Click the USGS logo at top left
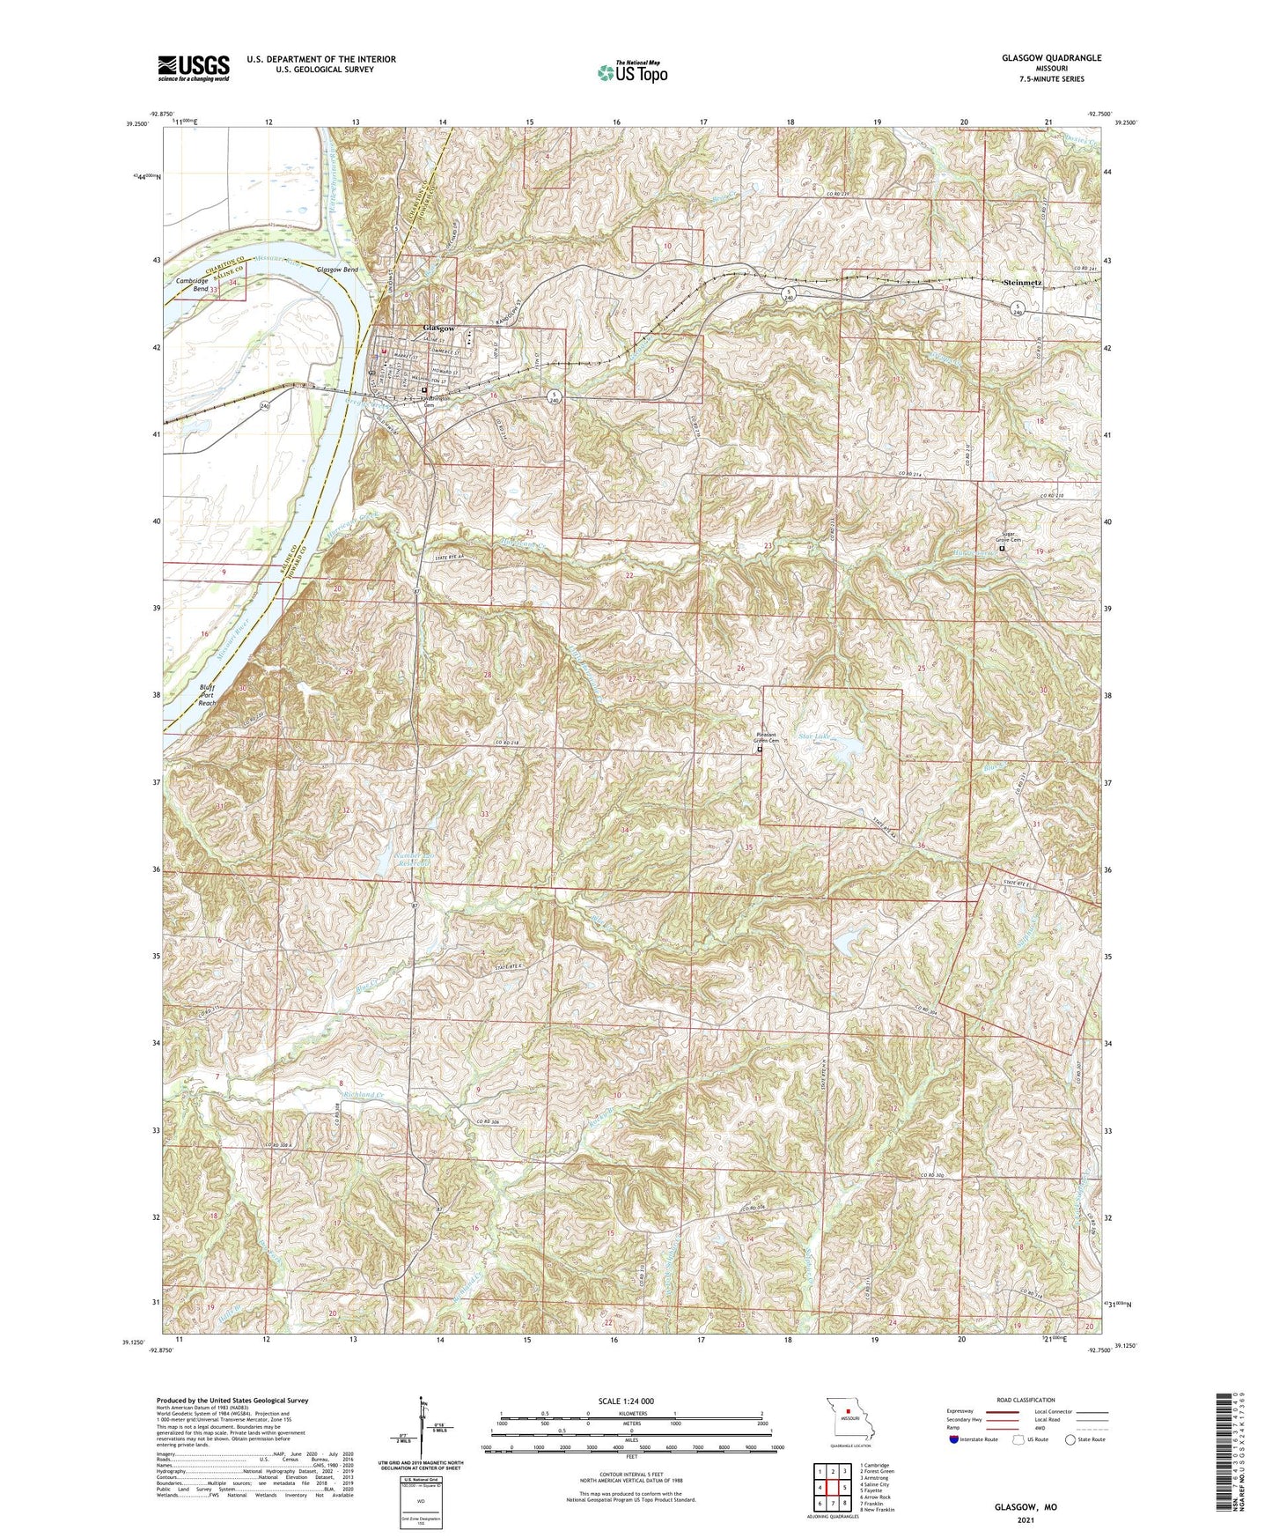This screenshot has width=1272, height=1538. click(194, 68)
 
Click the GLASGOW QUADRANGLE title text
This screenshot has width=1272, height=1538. click(1051, 58)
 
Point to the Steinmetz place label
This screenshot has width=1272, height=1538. click(1023, 282)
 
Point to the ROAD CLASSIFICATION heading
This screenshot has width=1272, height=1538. click(1026, 1400)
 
